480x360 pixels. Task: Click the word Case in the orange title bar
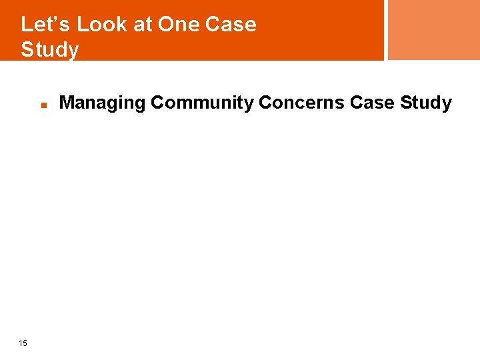click(231, 25)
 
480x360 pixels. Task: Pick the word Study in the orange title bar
click(49, 49)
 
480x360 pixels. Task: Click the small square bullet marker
click(42, 105)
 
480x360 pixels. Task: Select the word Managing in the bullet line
click(102, 103)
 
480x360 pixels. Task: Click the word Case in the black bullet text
click(372, 103)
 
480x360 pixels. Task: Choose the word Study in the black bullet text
click(425, 103)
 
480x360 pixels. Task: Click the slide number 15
click(23, 343)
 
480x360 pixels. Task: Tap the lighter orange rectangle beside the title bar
click(433, 30)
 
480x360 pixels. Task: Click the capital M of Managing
click(66, 103)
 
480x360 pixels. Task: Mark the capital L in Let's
click(26, 25)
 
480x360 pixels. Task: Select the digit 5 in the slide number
click(25, 343)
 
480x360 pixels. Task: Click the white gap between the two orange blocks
click(386, 30)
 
